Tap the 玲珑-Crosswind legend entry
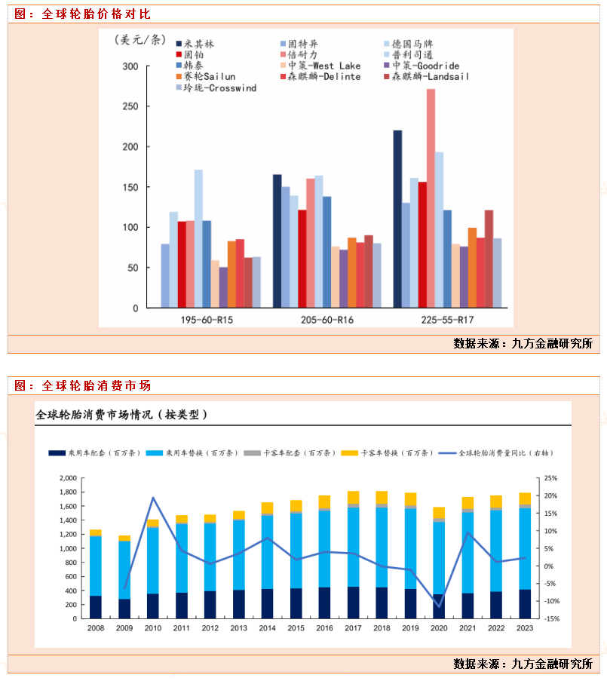(x=217, y=88)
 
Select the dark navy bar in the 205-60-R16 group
(x=277, y=241)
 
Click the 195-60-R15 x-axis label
(x=207, y=320)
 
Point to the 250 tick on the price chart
(x=130, y=106)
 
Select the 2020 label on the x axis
(x=438, y=628)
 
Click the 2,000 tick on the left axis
(x=66, y=478)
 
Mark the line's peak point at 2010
(x=153, y=498)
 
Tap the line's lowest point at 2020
(x=438, y=606)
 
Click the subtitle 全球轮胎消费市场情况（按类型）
(x=121, y=414)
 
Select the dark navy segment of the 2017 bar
(x=352, y=603)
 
